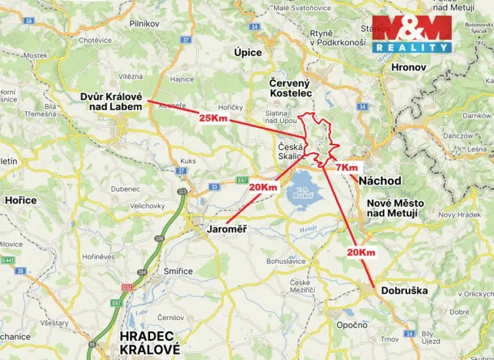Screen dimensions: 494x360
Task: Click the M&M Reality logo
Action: point(412,34)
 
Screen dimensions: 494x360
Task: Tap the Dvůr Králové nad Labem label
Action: point(112,102)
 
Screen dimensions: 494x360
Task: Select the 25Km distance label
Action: point(213,118)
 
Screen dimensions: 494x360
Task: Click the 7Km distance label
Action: point(347,167)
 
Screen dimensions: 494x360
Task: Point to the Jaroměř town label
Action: point(227,229)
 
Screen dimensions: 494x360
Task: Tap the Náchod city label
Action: point(380,181)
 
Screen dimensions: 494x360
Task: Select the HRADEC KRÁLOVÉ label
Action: point(149,342)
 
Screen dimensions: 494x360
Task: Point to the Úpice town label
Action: point(248,52)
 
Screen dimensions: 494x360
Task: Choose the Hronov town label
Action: point(429,67)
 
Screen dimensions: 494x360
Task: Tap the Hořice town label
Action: point(21,200)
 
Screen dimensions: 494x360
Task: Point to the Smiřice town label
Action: point(178,272)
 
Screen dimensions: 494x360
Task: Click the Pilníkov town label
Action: point(144,25)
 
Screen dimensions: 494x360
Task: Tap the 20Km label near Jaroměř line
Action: point(263,187)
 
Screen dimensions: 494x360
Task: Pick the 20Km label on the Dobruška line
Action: point(360,252)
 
